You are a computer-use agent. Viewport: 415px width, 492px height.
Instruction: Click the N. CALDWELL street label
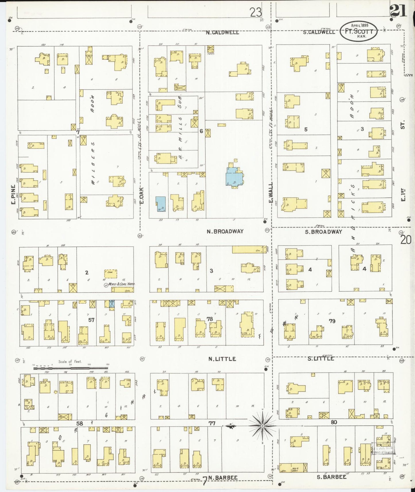tap(222, 32)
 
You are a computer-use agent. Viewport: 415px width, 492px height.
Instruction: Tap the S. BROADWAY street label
tap(323, 232)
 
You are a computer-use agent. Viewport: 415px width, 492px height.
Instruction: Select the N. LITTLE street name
tap(222, 359)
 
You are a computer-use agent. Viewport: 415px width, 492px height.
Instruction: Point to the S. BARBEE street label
tap(331, 477)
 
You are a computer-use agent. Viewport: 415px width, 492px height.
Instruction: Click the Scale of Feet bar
tap(70, 367)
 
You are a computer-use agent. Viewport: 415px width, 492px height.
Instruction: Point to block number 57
tap(91, 320)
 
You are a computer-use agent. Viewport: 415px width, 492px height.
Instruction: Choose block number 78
tap(210, 319)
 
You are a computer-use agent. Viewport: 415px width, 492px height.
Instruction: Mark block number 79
tap(332, 321)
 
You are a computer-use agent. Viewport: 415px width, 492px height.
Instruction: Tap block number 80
tap(333, 422)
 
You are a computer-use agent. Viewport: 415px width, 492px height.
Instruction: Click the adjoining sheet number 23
tap(255, 12)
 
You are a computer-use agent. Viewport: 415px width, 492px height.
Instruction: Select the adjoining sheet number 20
tap(406, 239)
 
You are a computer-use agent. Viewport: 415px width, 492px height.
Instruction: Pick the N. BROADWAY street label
tap(225, 231)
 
